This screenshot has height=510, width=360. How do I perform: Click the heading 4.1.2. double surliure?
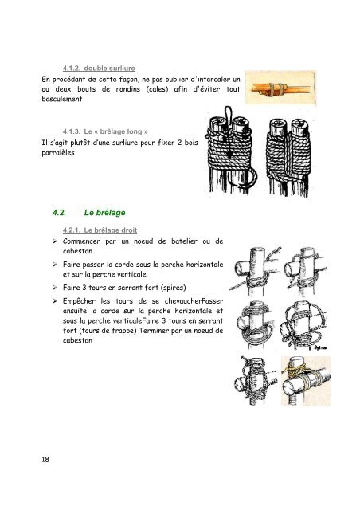tap(99, 69)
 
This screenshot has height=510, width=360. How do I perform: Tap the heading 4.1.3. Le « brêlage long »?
tap(105, 131)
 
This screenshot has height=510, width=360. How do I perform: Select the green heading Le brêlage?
tap(104, 213)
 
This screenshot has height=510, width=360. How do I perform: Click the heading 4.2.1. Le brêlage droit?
tap(100, 230)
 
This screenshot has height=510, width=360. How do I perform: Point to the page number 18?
tap(45, 459)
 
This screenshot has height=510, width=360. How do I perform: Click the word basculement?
tap(62, 99)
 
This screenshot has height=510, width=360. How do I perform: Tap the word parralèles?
tap(58, 152)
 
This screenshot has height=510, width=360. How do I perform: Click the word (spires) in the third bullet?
tap(174, 288)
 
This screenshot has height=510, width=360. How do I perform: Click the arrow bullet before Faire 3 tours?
tap(55, 288)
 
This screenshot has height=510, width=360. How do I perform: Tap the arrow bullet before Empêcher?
tap(55, 301)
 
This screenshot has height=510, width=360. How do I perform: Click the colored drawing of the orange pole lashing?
tap(280, 88)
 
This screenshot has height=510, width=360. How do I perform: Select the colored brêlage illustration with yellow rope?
tap(306, 381)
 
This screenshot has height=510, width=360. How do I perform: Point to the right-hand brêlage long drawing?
tap(288, 157)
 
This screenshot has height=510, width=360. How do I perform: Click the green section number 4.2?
tap(59, 213)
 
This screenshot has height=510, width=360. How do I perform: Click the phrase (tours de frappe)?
tap(108, 331)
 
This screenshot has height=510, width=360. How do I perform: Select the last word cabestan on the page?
tap(78, 340)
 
